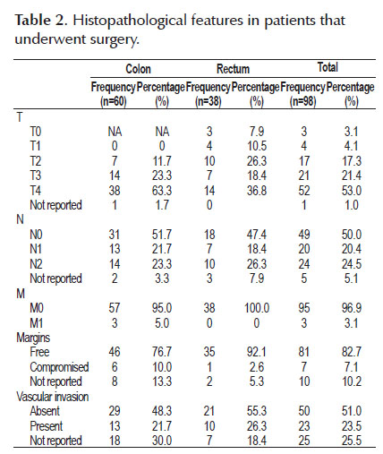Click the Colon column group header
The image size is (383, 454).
point(138,69)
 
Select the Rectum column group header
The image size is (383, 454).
point(233,69)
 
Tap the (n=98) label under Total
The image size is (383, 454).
point(302,101)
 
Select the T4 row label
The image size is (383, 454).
point(36,191)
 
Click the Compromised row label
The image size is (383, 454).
point(59,367)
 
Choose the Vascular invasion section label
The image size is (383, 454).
point(53,397)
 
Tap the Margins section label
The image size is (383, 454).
point(33,338)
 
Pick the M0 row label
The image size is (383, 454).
point(37,308)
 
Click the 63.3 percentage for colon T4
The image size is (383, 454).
point(162,191)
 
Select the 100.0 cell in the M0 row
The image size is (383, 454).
point(257,308)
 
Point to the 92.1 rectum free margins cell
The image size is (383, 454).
point(257,352)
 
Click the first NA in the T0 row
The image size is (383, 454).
point(115,132)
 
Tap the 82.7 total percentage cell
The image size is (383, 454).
point(352,352)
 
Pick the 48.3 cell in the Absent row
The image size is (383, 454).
point(162,411)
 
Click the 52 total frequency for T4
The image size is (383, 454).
point(304,191)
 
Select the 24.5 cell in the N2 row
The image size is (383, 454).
point(352,264)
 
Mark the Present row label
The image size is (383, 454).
point(47,426)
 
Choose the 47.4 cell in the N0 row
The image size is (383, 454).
point(257,235)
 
